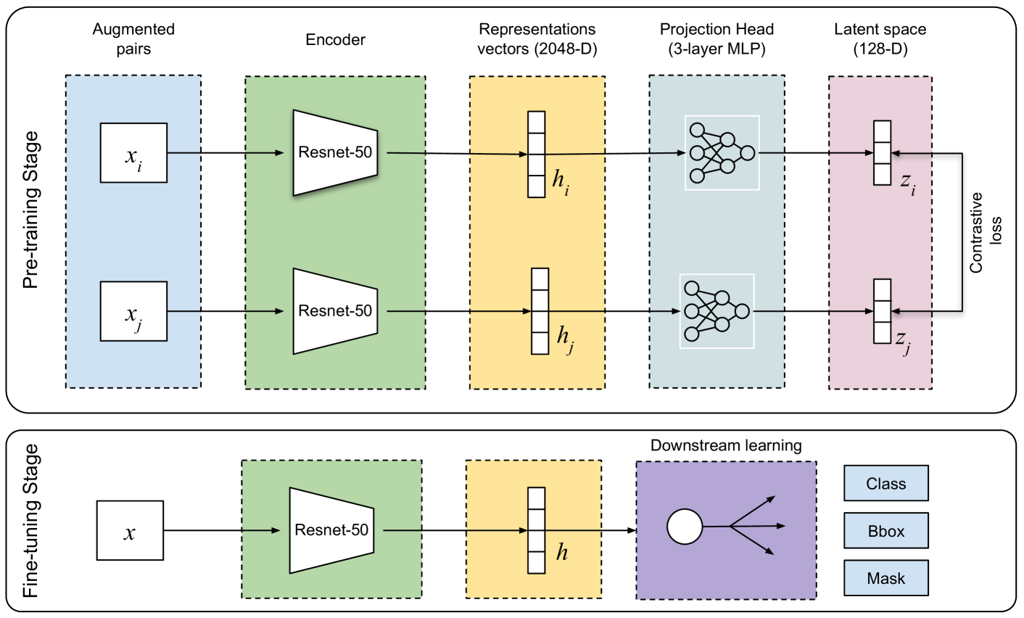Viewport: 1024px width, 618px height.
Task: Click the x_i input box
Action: [133, 152]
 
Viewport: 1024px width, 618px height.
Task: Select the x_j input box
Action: [133, 311]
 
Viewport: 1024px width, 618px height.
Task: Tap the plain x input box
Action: [130, 530]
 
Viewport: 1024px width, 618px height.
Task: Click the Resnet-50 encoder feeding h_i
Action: [335, 152]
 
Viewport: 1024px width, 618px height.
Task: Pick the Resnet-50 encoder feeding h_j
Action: [335, 311]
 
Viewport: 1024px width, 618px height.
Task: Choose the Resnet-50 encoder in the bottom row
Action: [331, 530]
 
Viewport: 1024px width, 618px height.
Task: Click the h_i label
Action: [561, 181]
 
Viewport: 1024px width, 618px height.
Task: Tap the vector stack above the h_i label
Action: [536, 154]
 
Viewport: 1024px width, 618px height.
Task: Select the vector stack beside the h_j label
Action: [540, 311]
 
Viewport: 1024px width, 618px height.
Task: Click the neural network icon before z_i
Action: [722, 153]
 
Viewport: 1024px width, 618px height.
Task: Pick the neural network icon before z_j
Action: [717, 311]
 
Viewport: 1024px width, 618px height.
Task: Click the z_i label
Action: [908, 183]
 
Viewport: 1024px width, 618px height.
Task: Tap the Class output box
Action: [885, 484]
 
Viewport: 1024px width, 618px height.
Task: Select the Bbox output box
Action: [885, 531]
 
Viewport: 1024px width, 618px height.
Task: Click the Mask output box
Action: [885, 578]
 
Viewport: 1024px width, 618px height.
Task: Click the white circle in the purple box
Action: [685, 527]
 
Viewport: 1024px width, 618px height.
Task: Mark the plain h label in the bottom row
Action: [562, 553]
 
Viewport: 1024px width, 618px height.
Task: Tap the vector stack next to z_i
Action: [882, 153]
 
